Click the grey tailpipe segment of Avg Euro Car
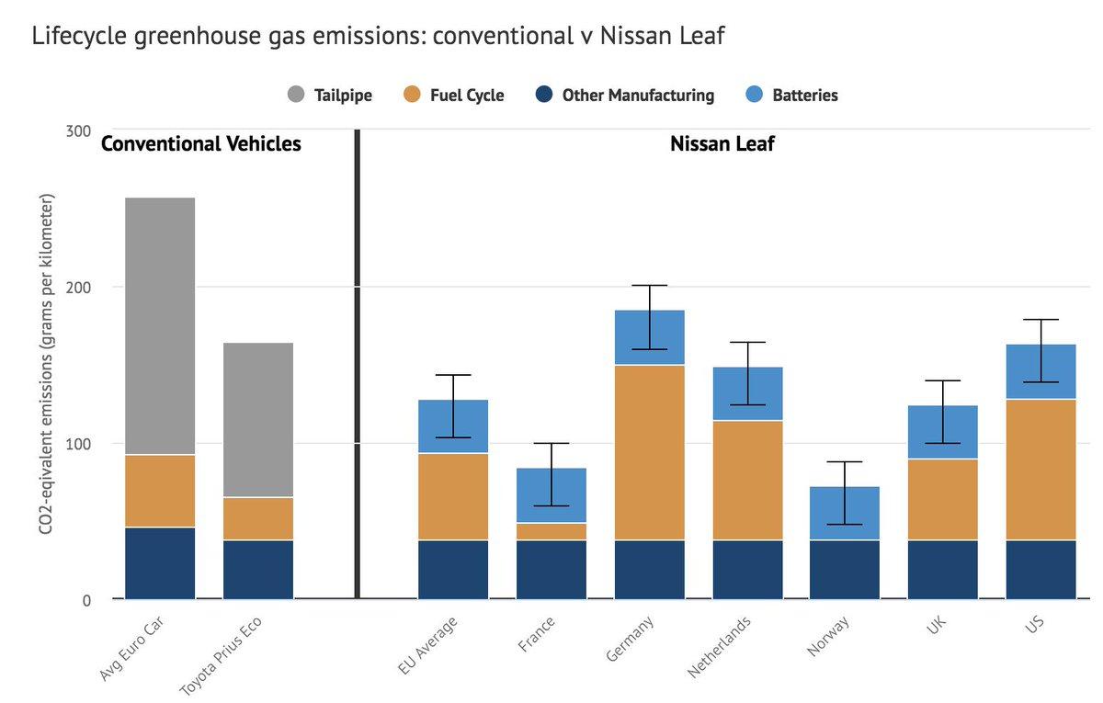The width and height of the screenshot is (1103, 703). point(160,325)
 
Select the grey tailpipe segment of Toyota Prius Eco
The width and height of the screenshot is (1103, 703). point(258,420)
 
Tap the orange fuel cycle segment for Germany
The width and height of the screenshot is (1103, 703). point(650,452)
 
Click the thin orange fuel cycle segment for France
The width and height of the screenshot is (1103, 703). point(551,531)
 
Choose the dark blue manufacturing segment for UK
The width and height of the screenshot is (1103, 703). point(943,569)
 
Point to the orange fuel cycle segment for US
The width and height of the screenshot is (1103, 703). point(1040,469)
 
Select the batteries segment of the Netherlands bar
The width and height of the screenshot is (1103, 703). point(747,393)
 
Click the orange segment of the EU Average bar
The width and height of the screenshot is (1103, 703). point(453,496)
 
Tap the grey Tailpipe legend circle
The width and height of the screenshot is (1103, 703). point(296,95)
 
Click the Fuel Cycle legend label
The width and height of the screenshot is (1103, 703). point(467,95)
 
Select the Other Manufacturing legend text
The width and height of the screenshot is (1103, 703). point(638,95)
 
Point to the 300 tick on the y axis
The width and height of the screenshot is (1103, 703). point(77,130)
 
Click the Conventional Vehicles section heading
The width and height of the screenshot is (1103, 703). point(200,144)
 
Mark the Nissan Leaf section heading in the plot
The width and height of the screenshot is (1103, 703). point(722,144)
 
